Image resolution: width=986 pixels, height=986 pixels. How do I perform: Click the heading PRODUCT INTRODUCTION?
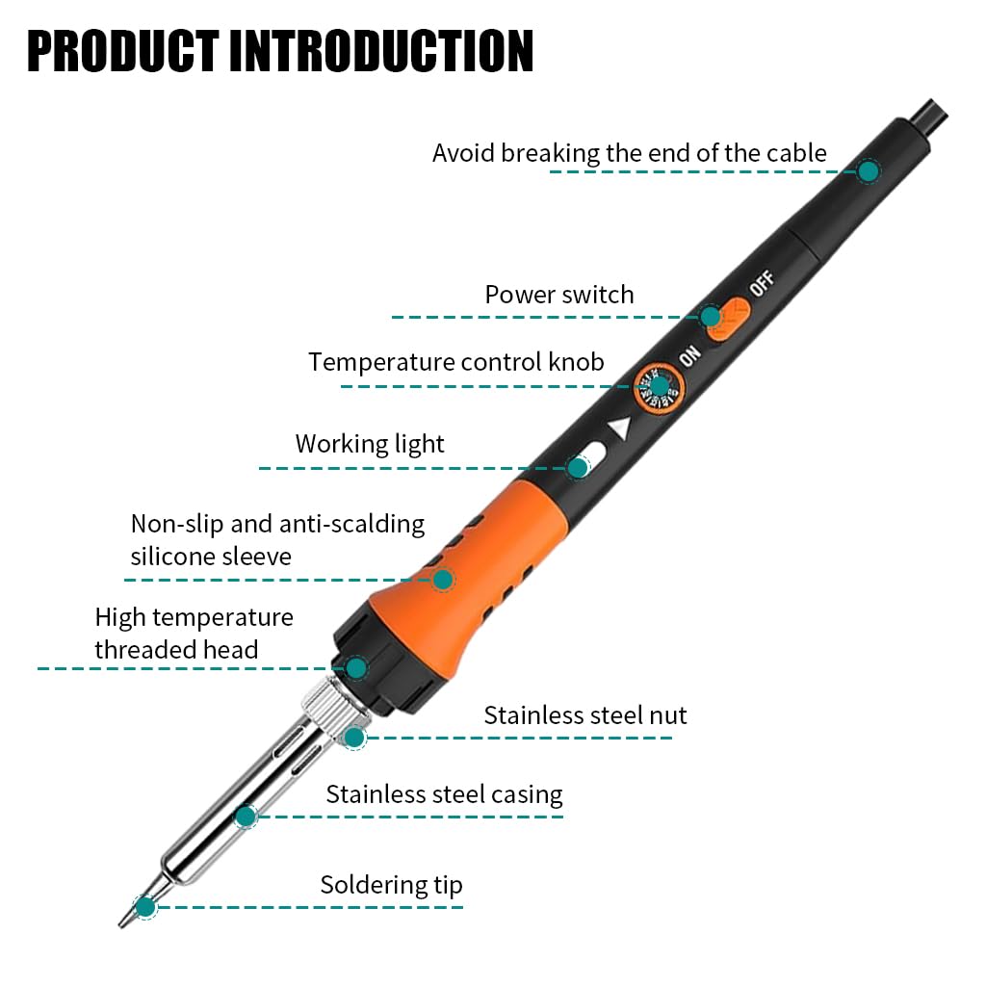279,52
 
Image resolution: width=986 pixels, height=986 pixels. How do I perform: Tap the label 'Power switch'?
559,295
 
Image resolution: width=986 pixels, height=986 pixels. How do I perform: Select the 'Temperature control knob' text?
456,362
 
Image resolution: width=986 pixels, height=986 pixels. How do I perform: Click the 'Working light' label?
370,444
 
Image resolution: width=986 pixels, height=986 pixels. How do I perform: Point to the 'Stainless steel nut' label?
585,715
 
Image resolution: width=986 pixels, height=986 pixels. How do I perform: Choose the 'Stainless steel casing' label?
444,794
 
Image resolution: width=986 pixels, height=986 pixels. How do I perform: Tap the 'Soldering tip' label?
391,885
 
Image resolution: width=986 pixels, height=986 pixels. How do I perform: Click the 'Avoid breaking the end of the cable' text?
629,153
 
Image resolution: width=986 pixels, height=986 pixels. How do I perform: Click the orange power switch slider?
729,319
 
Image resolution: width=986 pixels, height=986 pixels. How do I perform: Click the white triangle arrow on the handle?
620,428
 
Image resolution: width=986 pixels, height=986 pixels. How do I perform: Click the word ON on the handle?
689,356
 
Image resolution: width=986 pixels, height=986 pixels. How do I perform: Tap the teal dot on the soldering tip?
145,906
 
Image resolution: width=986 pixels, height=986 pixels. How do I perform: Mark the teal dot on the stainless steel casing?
246,817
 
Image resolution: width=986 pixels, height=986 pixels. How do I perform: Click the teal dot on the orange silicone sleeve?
443,580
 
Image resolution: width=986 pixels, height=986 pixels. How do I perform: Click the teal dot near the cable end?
869,171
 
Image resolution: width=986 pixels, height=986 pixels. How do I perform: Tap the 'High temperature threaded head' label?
193,633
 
